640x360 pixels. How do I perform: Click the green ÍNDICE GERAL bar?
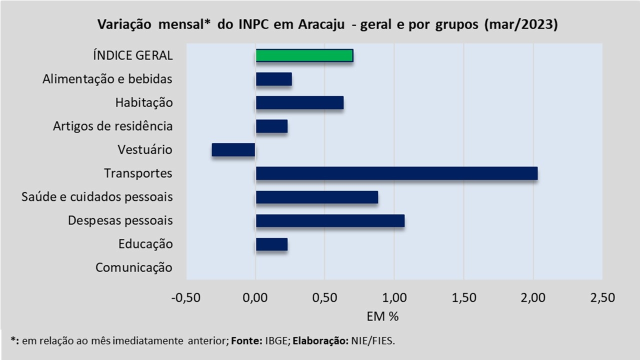tap(304, 55)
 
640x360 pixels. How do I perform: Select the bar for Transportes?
tap(397, 173)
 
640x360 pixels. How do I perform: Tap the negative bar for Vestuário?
tap(233, 150)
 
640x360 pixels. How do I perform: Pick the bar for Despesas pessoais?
tap(330, 220)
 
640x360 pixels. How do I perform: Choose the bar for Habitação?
tap(299, 103)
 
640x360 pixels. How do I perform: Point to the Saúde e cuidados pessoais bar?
tap(317, 197)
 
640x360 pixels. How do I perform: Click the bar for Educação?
tap(271, 244)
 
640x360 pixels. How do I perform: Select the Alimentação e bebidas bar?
tap(274, 79)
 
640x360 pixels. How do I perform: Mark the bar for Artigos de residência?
tap(271, 126)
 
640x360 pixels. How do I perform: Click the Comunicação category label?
tap(134, 268)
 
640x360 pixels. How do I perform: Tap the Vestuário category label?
tap(145, 149)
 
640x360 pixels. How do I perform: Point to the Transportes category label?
tap(138, 173)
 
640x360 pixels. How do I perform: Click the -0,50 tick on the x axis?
tap(186, 297)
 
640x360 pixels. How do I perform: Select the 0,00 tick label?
tap(255, 297)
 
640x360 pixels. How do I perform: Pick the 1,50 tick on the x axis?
tap(463, 297)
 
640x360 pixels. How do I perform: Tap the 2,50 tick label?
tap(602, 297)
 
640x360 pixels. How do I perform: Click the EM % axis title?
tap(382, 316)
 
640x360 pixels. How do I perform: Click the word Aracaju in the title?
tap(321, 24)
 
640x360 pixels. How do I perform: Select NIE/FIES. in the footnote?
tap(373, 341)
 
